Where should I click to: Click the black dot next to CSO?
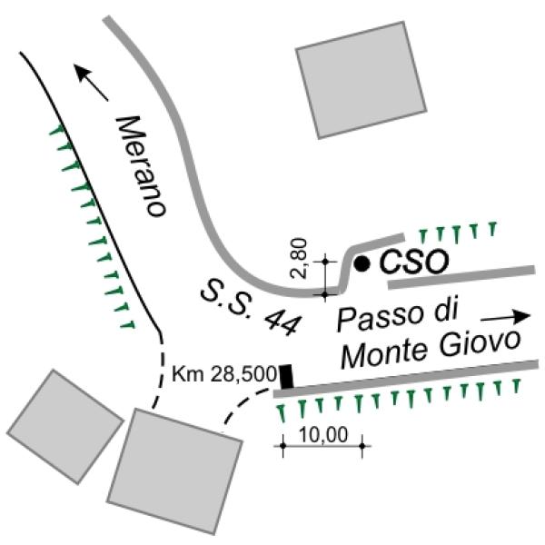point(362,263)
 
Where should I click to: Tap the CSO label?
point(413,262)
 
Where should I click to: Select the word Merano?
point(141,166)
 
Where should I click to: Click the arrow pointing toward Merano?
point(92,83)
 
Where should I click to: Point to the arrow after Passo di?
point(506,316)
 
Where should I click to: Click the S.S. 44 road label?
point(251,307)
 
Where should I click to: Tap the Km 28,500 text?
point(224,374)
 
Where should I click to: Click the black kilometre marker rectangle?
point(287,376)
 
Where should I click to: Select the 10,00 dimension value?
point(322,434)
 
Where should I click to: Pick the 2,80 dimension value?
point(299,258)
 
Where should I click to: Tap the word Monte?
point(384,355)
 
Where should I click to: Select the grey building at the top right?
point(362,80)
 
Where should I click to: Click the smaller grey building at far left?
point(65,427)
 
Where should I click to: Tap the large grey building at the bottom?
point(174,471)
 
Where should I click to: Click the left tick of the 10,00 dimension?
point(282,446)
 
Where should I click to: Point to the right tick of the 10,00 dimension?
point(362,446)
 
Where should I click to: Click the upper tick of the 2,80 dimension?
point(325,261)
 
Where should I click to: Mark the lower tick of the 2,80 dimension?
point(325,295)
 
